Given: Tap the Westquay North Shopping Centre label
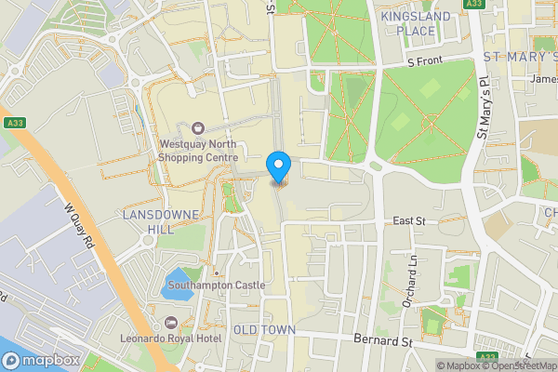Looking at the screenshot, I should click(x=198, y=151).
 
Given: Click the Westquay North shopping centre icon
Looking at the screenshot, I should click(x=197, y=128).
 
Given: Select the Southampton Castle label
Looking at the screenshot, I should click(x=217, y=285).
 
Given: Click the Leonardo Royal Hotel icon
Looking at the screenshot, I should click(x=170, y=322).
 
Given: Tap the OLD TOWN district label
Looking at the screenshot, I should click(x=264, y=330).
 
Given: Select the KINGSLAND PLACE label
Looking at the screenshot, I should click(x=415, y=24).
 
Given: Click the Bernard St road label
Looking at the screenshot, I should click(x=383, y=341).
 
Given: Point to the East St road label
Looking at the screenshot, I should click(x=408, y=220).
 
